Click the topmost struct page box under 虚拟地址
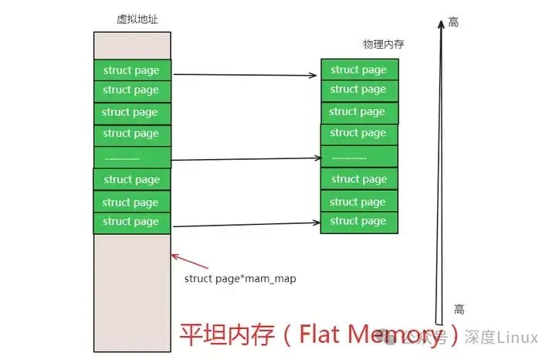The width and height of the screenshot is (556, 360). tap(132, 70)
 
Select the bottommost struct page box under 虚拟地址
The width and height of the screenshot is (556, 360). tap(132, 222)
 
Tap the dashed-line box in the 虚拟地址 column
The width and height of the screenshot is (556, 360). tap(132, 158)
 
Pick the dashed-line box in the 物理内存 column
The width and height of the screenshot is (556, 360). tap(359, 157)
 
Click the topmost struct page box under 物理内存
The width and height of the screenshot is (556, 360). tap(359, 70)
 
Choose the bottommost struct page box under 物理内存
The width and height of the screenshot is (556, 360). tap(359, 221)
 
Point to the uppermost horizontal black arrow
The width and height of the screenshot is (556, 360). tap(246, 75)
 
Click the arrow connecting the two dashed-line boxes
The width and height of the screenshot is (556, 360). tap(246, 159)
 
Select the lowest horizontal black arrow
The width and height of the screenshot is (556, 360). tap(246, 225)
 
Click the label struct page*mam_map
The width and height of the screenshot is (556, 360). tap(240, 278)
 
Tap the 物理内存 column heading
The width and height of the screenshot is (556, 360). tap(384, 44)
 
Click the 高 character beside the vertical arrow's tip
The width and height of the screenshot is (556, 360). tap(453, 22)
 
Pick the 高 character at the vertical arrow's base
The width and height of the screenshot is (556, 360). tap(459, 309)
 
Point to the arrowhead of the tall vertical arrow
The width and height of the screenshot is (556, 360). tap(440, 23)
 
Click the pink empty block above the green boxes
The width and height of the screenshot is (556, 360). tap(132, 46)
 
